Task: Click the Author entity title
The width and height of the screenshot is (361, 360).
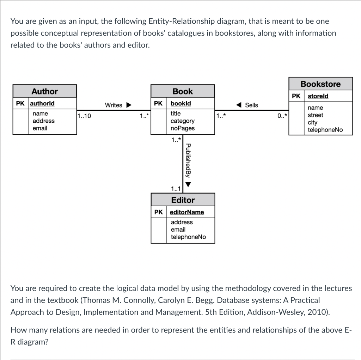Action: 44,91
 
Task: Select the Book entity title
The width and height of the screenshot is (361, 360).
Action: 183,91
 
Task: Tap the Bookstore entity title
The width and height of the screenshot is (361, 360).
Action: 320,84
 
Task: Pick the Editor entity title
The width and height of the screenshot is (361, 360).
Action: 183,200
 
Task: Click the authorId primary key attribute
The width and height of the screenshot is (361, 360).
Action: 42,104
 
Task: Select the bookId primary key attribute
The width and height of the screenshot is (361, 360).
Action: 180,104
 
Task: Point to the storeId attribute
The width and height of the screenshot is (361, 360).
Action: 318,96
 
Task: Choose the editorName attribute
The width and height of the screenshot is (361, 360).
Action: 187,212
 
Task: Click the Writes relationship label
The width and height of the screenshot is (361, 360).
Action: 114,105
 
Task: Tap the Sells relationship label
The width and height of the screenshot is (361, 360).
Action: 251,105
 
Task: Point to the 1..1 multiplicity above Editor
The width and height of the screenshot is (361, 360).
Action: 176,189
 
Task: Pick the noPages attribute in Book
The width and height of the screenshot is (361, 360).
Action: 182,128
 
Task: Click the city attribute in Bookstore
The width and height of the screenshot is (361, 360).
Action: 312,122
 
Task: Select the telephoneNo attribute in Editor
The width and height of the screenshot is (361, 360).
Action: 188,237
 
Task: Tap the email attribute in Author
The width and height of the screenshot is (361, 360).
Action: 40,128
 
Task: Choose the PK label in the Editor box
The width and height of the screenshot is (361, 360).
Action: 158,212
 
